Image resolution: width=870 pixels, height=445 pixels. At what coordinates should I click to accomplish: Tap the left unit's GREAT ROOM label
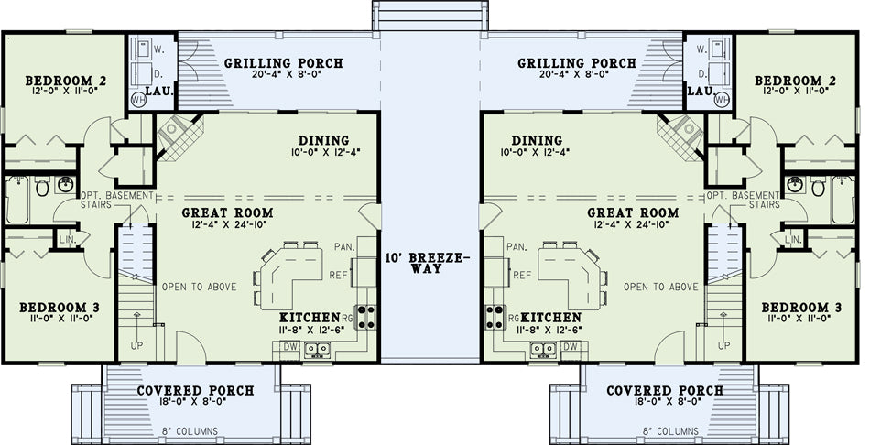pyautogui.click(x=227, y=212)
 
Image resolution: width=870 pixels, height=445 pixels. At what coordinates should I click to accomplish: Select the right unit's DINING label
pyautogui.click(x=537, y=140)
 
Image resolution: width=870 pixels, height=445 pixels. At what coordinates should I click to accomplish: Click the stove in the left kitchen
pyautogui.click(x=365, y=318)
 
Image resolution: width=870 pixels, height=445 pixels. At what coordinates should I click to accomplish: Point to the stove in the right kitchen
pyautogui.click(x=495, y=318)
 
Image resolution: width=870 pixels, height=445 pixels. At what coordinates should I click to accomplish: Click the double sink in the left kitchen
pyautogui.click(x=318, y=349)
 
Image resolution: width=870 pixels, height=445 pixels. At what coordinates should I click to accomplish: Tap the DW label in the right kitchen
pyautogui.click(x=570, y=347)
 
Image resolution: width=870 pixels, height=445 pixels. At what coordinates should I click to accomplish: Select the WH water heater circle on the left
pyautogui.click(x=138, y=100)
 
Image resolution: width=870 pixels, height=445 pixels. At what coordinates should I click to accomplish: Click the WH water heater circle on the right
pyautogui.click(x=722, y=100)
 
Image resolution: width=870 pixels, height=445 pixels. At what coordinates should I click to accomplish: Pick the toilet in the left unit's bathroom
pyautogui.click(x=42, y=187)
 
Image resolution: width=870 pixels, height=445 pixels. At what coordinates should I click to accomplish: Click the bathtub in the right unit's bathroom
pyautogui.click(x=843, y=200)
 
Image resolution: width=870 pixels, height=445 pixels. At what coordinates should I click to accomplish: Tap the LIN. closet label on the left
pyautogui.click(x=65, y=239)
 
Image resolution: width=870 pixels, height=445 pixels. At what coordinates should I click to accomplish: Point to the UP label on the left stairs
pyautogui.click(x=136, y=345)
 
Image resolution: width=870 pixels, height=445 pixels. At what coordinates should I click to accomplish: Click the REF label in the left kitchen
pyautogui.click(x=338, y=275)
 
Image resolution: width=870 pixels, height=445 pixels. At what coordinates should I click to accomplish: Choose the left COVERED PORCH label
pyautogui.click(x=195, y=391)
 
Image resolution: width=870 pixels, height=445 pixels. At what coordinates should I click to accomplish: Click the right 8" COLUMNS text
pyautogui.click(x=670, y=431)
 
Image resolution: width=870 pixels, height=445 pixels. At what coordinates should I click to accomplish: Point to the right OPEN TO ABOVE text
pyautogui.click(x=661, y=287)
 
